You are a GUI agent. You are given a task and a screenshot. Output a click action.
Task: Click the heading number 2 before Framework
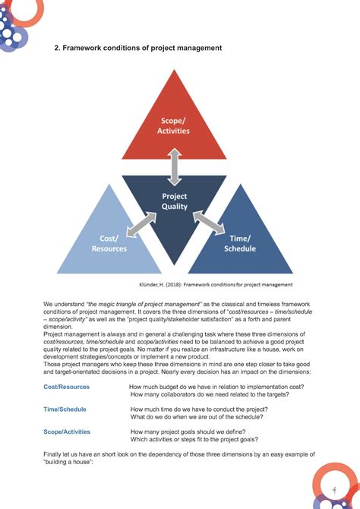tap(55, 49)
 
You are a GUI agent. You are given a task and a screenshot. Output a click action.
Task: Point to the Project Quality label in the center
tap(175, 201)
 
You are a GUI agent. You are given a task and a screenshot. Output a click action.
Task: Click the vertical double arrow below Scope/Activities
tap(175, 166)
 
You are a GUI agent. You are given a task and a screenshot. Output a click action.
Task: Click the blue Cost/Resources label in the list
tap(67, 387)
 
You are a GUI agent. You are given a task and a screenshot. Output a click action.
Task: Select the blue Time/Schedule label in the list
tap(65, 409)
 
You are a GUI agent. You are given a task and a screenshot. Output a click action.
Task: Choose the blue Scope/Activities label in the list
tap(67, 432)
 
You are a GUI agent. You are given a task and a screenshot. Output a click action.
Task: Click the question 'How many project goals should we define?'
tap(197, 432)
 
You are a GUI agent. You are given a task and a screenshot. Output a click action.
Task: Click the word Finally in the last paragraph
tap(55, 454)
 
